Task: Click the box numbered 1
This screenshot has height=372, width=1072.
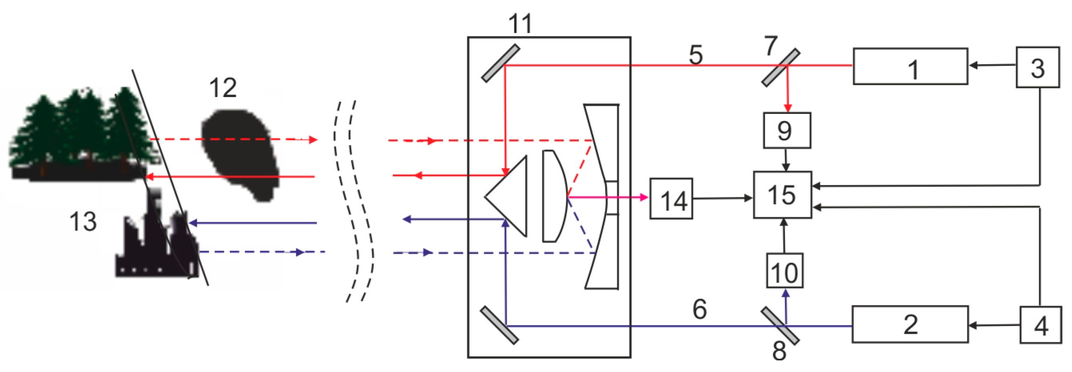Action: click(x=910, y=67)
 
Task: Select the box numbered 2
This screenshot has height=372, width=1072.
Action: click(x=910, y=324)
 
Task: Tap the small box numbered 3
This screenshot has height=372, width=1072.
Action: click(x=1037, y=67)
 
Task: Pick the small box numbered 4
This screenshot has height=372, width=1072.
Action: click(x=1040, y=325)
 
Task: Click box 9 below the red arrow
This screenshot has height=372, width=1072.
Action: click(x=786, y=130)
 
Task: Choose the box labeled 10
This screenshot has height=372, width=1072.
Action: click(x=784, y=271)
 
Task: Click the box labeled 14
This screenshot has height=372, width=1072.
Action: click(x=671, y=199)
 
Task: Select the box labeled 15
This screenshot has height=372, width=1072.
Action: click(x=782, y=195)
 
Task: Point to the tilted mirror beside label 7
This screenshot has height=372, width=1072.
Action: click(x=780, y=68)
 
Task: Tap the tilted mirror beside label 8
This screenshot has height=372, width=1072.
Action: click(x=780, y=326)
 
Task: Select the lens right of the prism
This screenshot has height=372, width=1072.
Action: click(x=553, y=196)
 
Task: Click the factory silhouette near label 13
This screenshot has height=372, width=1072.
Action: click(x=156, y=246)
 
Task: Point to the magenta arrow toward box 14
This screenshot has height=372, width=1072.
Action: click(x=608, y=197)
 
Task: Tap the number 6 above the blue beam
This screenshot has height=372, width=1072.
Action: click(x=699, y=309)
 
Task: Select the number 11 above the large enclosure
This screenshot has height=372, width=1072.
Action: click(x=520, y=24)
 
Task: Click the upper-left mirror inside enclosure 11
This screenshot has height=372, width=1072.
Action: click(x=501, y=63)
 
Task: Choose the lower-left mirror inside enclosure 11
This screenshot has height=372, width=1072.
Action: click(x=499, y=325)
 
